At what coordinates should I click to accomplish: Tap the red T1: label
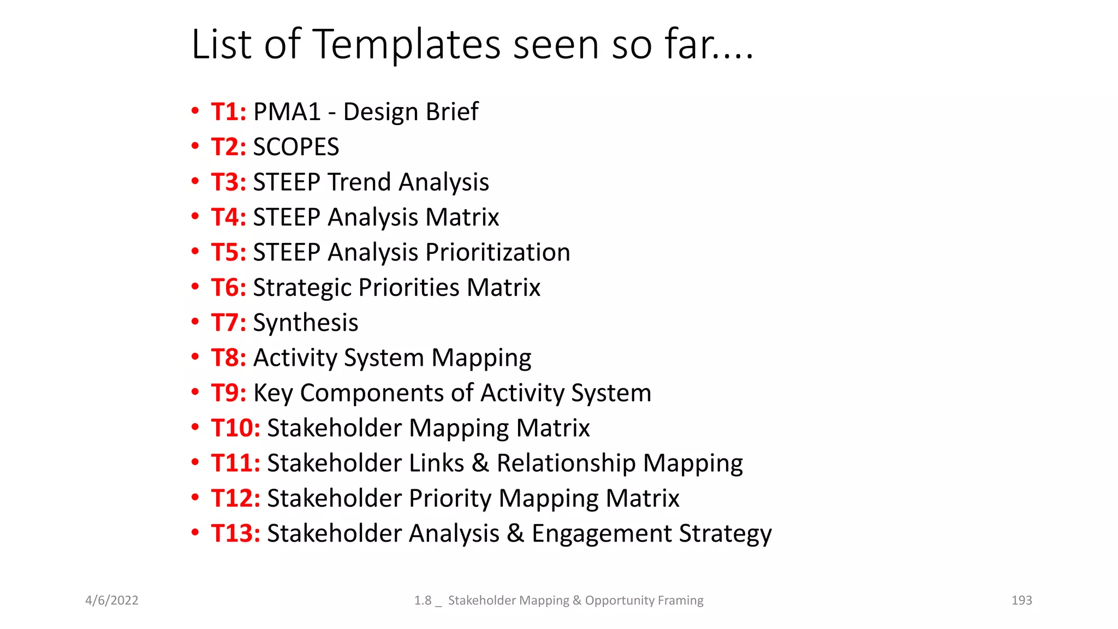click(x=229, y=112)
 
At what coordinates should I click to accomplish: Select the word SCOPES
click(x=296, y=147)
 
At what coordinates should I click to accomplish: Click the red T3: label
click(x=229, y=182)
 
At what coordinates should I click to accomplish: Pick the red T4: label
click(x=229, y=217)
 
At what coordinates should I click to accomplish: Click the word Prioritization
click(x=498, y=253)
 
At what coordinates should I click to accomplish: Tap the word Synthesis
click(x=306, y=323)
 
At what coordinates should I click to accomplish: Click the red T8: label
click(x=229, y=358)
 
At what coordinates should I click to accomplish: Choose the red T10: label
click(x=235, y=428)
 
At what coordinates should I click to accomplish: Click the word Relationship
click(x=566, y=464)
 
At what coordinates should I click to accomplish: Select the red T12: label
click(x=235, y=499)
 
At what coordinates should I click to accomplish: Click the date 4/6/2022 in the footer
click(x=112, y=601)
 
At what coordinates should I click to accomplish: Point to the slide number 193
click(x=1021, y=601)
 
